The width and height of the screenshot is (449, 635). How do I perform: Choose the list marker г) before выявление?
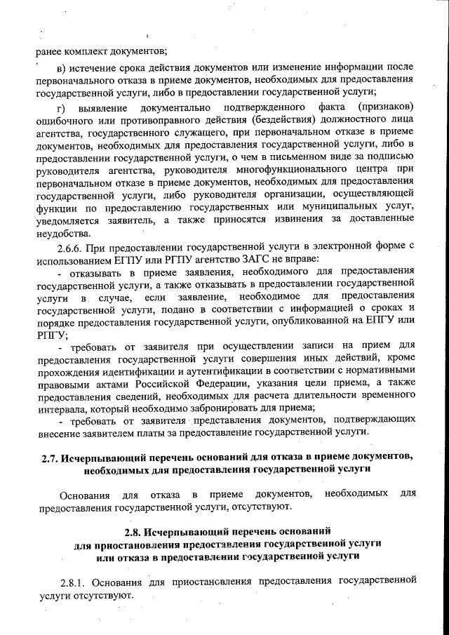[61, 107]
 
